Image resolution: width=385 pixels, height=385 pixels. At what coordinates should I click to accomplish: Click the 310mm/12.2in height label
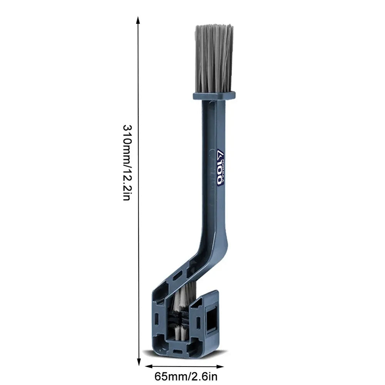[127, 162]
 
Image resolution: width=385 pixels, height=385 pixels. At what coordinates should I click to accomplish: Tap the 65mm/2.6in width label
[186, 377]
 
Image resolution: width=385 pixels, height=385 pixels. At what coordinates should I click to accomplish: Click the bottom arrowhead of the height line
[139, 362]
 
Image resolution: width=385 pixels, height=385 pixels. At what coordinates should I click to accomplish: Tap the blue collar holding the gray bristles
[214, 96]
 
